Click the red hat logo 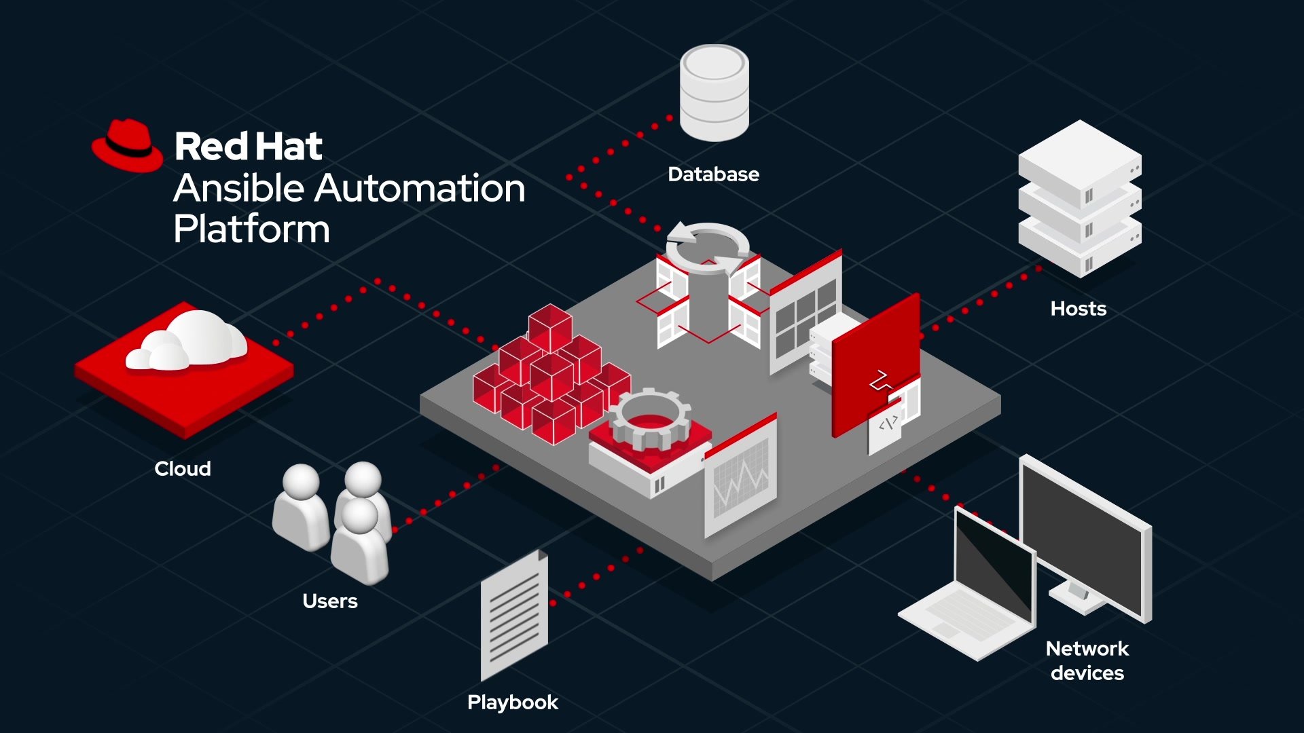[128, 146]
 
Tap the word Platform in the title [251, 229]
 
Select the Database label [713, 174]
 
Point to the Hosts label [1078, 309]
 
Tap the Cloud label [182, 469]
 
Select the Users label [329, 601]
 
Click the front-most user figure [359, 543]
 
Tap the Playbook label [513, 702]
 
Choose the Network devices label [1087, 660]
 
